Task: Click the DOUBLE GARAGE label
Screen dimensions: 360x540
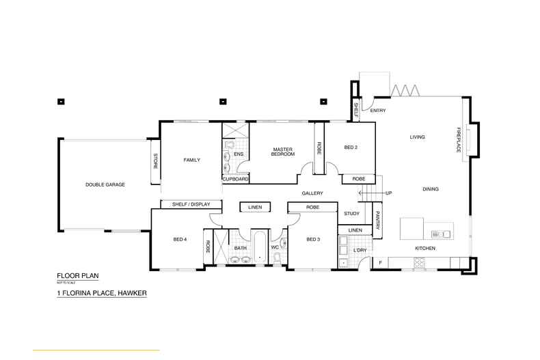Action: [x=105, y=184]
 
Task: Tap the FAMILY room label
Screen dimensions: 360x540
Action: [x=191, y=160]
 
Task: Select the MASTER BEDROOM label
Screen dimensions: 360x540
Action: [x=283, y=152]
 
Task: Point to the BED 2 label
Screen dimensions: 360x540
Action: [x=351, y=147]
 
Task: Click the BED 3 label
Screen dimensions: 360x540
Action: [x=313, y=239]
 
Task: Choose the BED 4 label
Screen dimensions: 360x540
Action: [x=180, y=239]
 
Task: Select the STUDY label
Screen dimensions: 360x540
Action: [x=351, y=214]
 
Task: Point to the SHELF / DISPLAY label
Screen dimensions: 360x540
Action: [x=191, y=204]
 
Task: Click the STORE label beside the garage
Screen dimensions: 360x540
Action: [x=155, y=162]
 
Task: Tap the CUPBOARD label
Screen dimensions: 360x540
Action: [x=235, y=179]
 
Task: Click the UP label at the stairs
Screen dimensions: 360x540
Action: [x=389, y=193]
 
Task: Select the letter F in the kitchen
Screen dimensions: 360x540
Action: [x=380, y=262]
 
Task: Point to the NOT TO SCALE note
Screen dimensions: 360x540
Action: [x=66, y=281]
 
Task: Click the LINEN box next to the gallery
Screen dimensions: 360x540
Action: [x=255, y=207]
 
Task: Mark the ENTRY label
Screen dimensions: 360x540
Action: [x=378, y=110]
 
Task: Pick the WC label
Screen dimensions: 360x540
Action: [x=275, y=247]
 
